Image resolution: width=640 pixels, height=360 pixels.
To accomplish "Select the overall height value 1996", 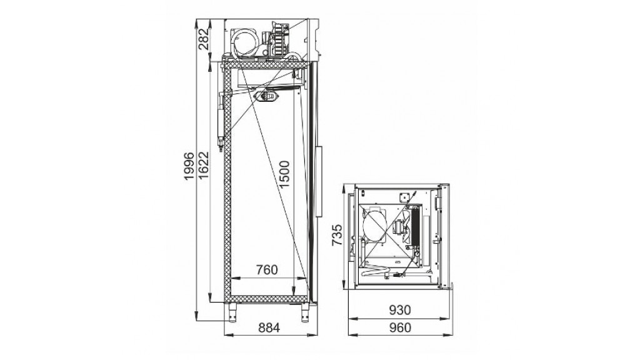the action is pyautogui.click(x=189, y=166).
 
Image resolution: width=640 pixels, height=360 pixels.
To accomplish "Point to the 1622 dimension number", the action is pyautogui.click(x=203, y=165).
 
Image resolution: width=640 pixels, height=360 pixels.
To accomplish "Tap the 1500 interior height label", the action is pyautogui.click(x=284, y=174).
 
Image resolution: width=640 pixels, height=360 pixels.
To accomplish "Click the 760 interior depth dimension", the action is pyautogui.click(x=266, y=270).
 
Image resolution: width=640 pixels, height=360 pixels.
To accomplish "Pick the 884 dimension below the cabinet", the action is pyautogui.click(x=269, y=327).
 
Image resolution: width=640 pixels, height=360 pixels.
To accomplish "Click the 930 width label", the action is pyautogui.click(x=399, y=310).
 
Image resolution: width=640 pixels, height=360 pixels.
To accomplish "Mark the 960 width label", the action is pyautogui.click(x=399, y=327).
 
